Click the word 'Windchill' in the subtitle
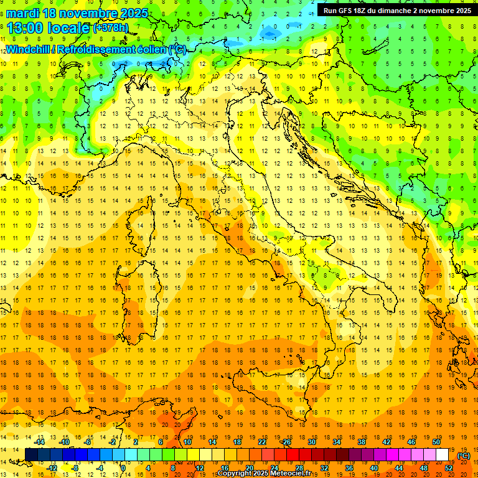pyautogui.click(x=29, y=49)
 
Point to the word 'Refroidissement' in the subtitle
pyautogui.click(x=100, y=49)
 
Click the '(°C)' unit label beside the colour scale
pyautogui.click(x=464, y=455)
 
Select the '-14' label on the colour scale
pyautogui.click(x=39, y=442)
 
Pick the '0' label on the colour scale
pyautogui.click(x=123, y=468)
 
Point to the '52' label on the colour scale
pyautogui.click(x=449, y=468)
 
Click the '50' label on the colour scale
pyautogui.click(x=436, y=442)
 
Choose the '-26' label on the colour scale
pyautogui.click(x=286, y=442)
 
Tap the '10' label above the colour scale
pyautogui.click(x=187, y=442)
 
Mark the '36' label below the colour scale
pyautogui.click(x=349, y=468)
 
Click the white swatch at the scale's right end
pyautogui.click(x=443, y=455)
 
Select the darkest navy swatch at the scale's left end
pyautogui.click(x=31, y=455)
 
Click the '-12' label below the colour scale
pyautogui.click(x=52, y=468)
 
